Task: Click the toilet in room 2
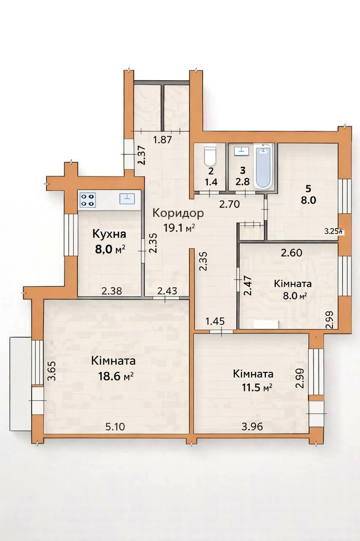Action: coord(210,155)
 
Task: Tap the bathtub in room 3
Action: coord(264,166)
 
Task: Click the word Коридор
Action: coord(178,214)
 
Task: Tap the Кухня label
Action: coord(109,235)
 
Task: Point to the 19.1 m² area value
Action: coord(179,228)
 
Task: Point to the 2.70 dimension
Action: coord(229,204)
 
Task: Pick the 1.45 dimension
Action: coord(215,321)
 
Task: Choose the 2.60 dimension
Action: coord(292,252)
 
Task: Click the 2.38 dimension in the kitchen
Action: coord(112,291)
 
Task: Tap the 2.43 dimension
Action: coord(167,291)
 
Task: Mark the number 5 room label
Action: coord(308,189)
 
